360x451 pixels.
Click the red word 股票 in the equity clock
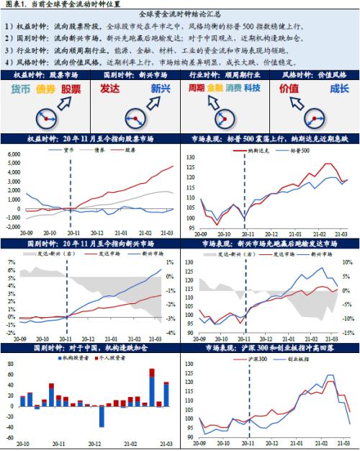(x=71, y=89)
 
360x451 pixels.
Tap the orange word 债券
(x=45, y=89)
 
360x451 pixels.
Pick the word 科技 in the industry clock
(x=252, y=88)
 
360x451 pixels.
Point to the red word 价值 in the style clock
(x=288, y=88)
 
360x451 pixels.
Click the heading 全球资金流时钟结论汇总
(x=179, y=14)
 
